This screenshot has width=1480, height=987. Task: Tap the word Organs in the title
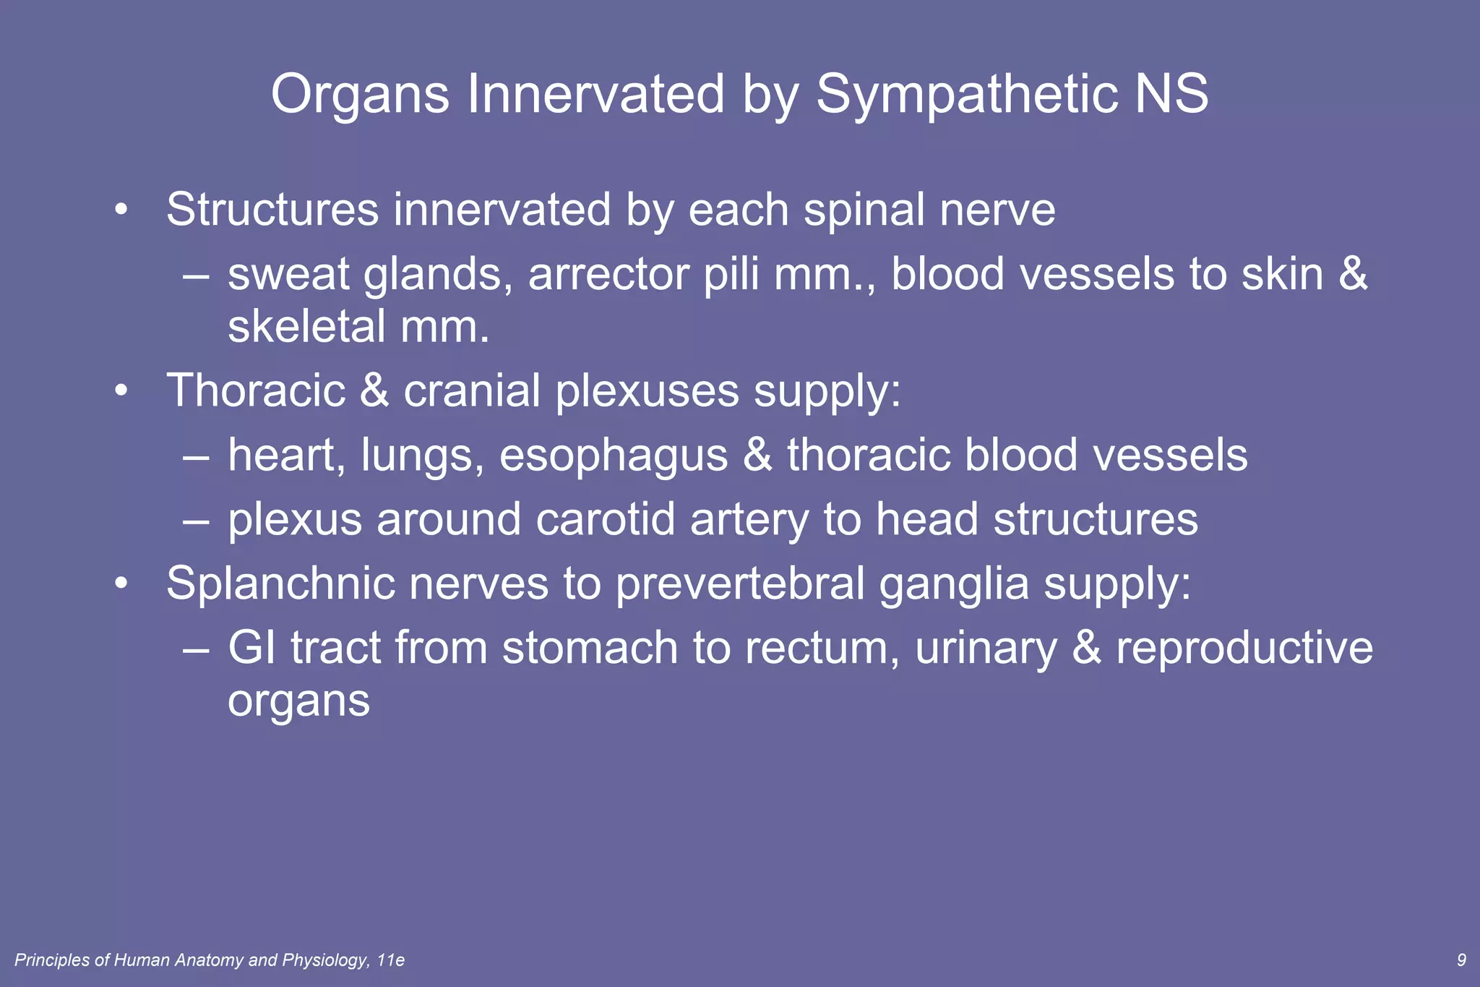(x=360, y=94)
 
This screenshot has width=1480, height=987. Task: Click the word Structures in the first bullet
(x=272, y=210)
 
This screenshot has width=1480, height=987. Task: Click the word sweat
(x=288, y=275)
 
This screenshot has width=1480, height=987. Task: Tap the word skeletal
(x=306, y=327)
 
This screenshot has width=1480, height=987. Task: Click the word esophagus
(x=614, y=456)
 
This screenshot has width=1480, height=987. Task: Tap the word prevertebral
(x=740, y=584)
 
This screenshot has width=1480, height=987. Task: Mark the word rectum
(x=822, y=648)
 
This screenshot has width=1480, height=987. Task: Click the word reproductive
(x=1244, y=648)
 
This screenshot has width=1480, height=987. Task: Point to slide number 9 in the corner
(x=1461, y=960)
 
